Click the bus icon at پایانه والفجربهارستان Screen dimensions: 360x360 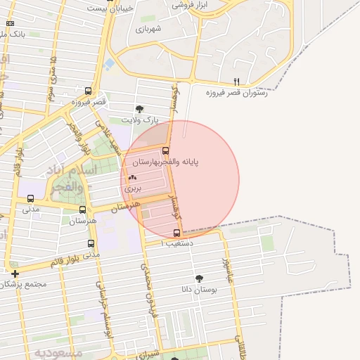[166, 150]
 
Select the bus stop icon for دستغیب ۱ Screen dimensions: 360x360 [176, 233]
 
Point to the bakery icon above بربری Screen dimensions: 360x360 [133, 178]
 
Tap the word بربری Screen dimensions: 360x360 [133, 188]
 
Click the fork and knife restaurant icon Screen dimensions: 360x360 [236, 82]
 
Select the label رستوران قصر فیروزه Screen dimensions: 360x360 [236, 93]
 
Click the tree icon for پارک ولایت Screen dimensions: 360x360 [139, 109]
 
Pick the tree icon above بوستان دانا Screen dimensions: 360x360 [199, 278]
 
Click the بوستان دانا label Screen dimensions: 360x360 [199, 290]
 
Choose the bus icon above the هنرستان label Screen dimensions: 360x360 [83, 210]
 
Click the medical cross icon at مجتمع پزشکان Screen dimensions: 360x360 [14, 273]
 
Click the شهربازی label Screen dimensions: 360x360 [149, 29]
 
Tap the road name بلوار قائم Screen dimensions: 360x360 [68, 261]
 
